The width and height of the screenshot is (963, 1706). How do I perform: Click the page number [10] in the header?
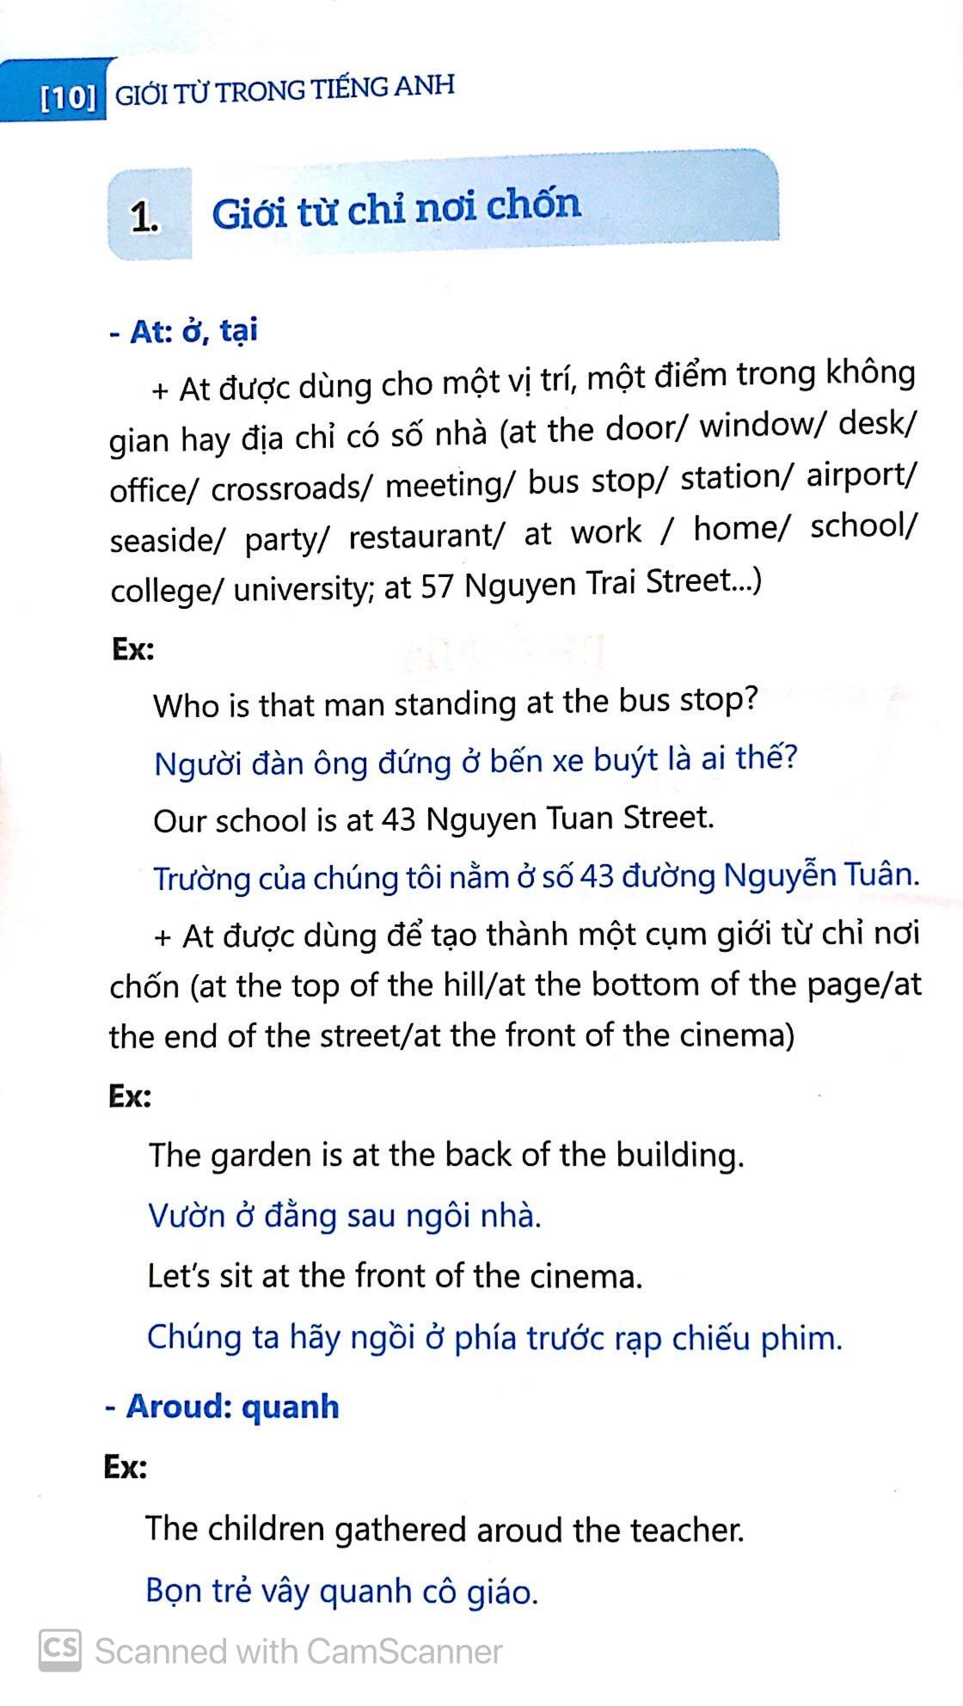(x=69, y=98)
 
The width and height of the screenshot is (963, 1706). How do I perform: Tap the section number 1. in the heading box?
(x=144, y=218)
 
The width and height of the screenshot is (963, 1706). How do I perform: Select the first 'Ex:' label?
(x=133, y=648)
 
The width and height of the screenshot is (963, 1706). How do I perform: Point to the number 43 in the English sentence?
(x=398, y=819)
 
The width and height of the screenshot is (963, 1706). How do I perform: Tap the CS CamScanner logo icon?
(x=60, y=1650)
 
